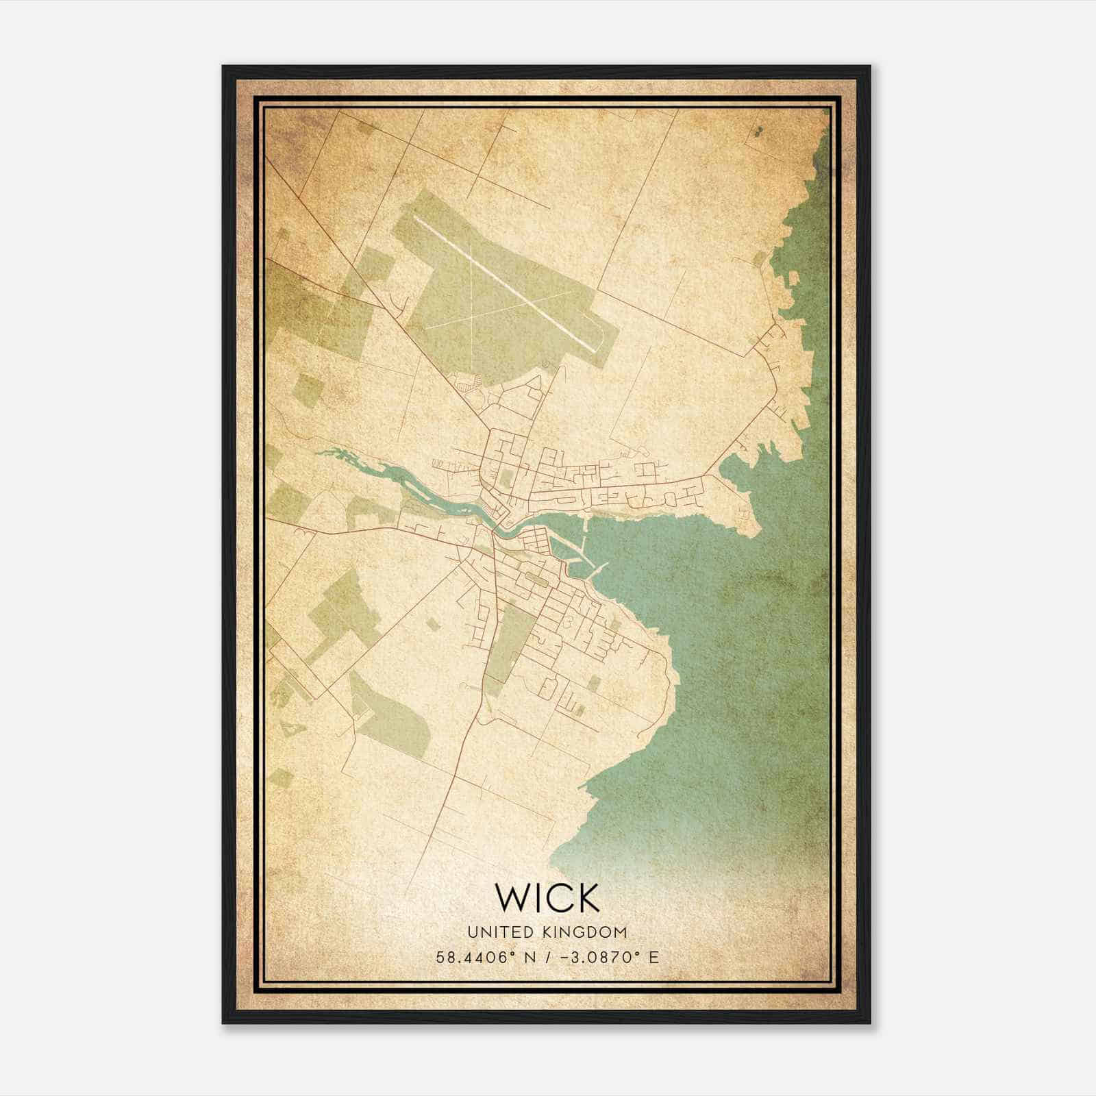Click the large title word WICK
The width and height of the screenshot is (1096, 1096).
click(547, 898)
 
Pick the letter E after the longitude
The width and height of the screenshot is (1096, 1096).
click(653, 957)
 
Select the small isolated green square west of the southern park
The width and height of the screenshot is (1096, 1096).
click(432, 623)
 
